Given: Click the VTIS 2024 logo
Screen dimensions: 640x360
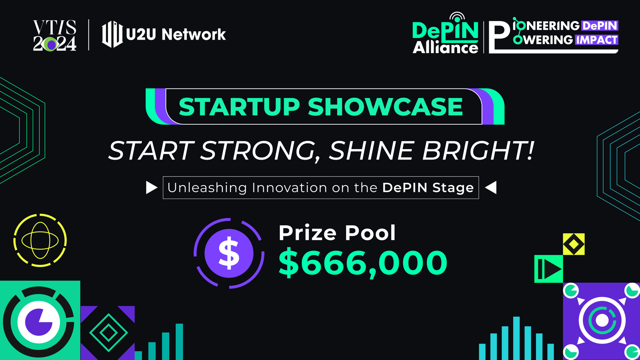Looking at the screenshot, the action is pos(54,36).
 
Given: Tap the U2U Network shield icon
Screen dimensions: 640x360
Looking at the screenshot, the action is pos(112,34).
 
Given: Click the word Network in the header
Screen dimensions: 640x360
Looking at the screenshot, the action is pos(194,34).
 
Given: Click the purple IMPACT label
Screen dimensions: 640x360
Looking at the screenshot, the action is pos(596,40).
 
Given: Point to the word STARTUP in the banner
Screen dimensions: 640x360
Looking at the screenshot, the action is pos(239,106).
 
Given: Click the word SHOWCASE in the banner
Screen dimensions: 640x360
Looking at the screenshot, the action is pos(385,106).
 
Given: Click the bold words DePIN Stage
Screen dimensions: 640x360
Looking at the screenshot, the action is pos(428,188).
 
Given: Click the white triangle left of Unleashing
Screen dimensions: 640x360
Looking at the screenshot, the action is pos(152,188).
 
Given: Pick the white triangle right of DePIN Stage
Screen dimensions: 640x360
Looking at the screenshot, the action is pos(491,188).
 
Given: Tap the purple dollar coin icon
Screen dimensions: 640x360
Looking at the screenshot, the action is pos(229,254).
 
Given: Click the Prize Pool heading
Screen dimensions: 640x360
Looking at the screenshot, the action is pos(337,233).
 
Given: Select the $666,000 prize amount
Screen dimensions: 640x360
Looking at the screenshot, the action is pos(363,262).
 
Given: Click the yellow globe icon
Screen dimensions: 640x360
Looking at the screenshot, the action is pos(40,240).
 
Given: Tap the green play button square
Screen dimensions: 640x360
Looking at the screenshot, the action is pos(548,269).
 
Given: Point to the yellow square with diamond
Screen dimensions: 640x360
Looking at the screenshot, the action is pos(574,244).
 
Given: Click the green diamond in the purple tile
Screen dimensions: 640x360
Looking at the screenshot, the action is pos(108,332).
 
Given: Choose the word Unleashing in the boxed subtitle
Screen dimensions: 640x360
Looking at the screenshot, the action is pos(207,188).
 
